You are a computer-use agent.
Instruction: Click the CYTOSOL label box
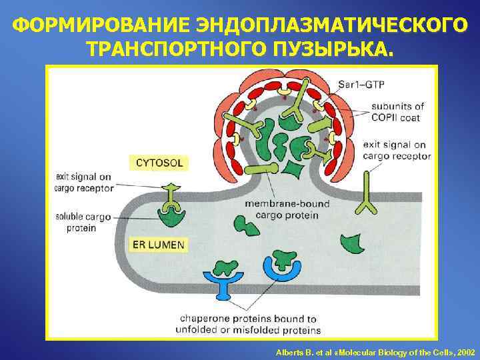[159, 162]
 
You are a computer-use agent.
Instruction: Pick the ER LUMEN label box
[159, 245]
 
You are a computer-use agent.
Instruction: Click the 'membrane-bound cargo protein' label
[281, 209]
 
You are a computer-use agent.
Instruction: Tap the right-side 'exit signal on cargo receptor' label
[394, 151]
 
